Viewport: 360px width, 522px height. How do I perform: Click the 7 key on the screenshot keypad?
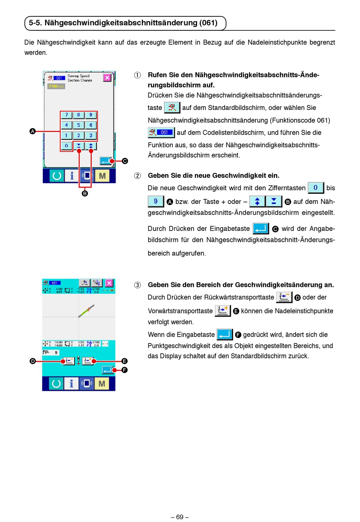[66, 115]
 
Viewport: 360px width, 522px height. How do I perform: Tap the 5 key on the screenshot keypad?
[78, 125]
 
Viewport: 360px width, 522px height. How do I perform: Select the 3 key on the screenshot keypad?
[91, 135]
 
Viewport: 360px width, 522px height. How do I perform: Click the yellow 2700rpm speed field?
[56, 86]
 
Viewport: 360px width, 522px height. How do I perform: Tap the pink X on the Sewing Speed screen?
[107, 77]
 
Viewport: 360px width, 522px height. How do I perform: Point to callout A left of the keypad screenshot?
[33, 131]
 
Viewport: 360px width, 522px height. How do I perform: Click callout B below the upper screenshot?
[85, 193]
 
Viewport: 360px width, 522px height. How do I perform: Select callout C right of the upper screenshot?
[125, 161]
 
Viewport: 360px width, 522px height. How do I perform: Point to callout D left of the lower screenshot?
[33, 361]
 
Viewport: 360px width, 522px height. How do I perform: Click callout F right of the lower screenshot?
[124, 370]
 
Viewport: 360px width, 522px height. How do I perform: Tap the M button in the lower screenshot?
[102, 384]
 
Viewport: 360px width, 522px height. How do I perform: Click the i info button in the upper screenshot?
[72, 176]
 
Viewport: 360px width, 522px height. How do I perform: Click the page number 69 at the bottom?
[180, 517]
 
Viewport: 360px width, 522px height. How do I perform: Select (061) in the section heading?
[209, 23]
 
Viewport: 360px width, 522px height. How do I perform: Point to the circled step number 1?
[137, 75]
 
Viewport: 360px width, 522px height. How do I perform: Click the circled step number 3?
[137, 285]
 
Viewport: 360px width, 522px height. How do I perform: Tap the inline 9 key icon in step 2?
[156, 201]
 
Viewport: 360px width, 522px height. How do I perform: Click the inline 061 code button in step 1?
[161, 132]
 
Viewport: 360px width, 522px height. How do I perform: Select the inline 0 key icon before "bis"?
[316, 188]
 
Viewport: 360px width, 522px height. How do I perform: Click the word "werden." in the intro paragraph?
[36, 53]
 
